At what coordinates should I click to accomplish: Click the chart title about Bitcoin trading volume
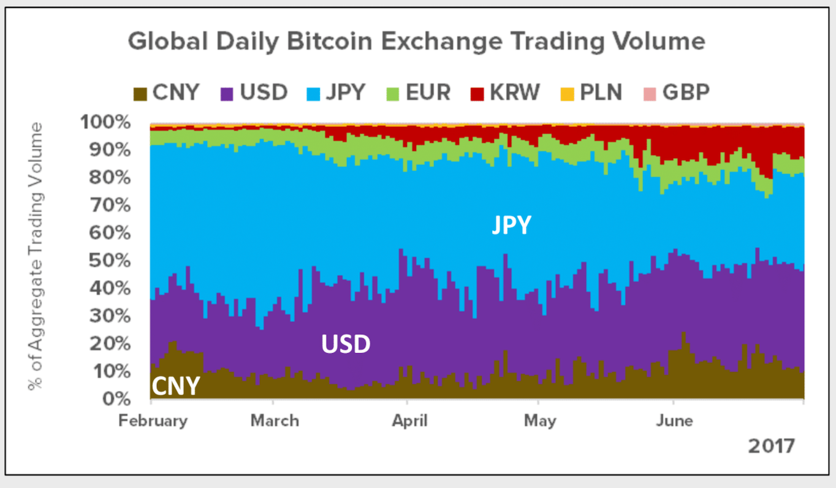417,42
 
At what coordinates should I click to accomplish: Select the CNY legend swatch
141,93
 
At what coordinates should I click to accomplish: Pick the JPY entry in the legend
336,93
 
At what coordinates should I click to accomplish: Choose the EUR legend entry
420,93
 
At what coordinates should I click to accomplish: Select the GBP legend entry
677,93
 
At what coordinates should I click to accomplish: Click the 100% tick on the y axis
105,123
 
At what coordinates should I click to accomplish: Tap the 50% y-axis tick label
110,261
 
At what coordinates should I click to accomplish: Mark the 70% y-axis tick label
110,205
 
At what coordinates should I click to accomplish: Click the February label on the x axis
153,421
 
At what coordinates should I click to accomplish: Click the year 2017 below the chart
771,446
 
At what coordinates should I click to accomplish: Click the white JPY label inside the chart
511,226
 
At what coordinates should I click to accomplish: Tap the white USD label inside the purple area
346,345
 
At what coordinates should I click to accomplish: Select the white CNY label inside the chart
175,387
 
